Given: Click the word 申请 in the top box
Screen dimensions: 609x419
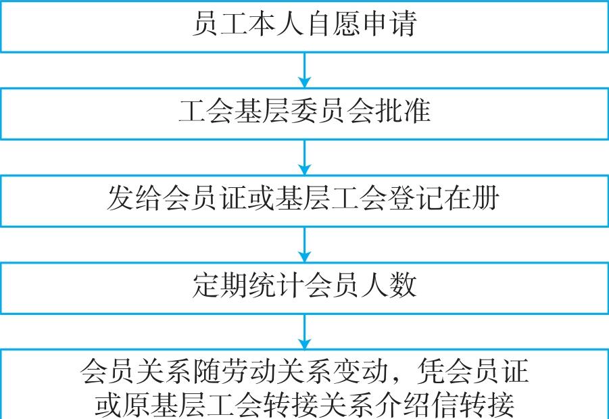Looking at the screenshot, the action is click(389, 23).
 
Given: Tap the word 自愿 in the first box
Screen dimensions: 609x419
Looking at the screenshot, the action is click(334, 23).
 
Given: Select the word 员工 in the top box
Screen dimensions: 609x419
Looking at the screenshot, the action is click(220, 23).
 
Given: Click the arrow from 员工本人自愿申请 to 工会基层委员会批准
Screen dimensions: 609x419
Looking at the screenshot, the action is click(304, 70).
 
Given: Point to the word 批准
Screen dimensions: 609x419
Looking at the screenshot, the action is click(403, 111).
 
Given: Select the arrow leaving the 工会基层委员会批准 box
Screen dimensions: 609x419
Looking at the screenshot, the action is click(304, 157).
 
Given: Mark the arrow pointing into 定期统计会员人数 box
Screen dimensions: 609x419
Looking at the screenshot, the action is click(304, 245).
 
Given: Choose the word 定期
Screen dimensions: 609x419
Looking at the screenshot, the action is click(220, 285).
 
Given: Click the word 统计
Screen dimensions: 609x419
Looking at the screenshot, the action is click(276, 285).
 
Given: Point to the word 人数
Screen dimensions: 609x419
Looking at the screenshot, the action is click(389, 285).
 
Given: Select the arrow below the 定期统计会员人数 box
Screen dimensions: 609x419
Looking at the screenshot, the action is click(304, 332).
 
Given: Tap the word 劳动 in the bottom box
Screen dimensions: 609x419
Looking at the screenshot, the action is click(249, 372).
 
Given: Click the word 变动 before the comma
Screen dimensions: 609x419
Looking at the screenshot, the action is click(361, 372).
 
